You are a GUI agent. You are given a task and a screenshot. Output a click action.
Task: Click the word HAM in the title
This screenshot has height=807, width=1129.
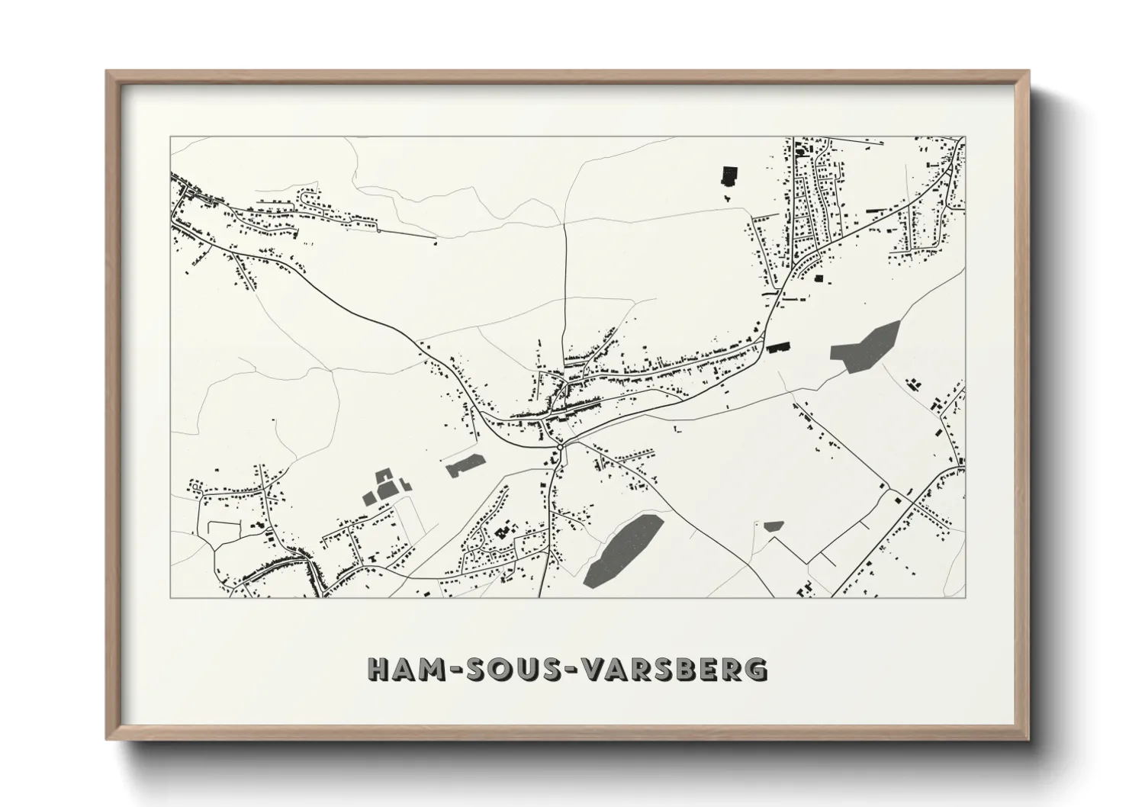tap(403, 669)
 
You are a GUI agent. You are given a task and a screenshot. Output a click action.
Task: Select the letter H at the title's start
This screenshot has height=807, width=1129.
tap(378, 669)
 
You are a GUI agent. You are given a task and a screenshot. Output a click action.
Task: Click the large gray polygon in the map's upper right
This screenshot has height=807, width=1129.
tap(864, 348)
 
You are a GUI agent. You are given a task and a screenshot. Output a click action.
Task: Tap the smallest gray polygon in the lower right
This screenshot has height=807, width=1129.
tap(773, 526)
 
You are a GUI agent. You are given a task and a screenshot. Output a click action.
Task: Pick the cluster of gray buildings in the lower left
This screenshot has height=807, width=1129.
tap(385, 488)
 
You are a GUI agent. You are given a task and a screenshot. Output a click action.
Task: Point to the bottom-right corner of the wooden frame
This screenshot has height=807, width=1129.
tap(1027, 738)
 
